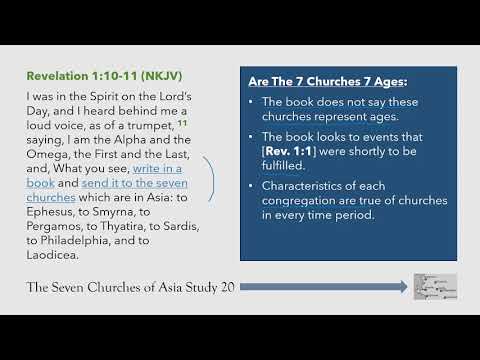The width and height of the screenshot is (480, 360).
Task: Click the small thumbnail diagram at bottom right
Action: click(x=437, y=287)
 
